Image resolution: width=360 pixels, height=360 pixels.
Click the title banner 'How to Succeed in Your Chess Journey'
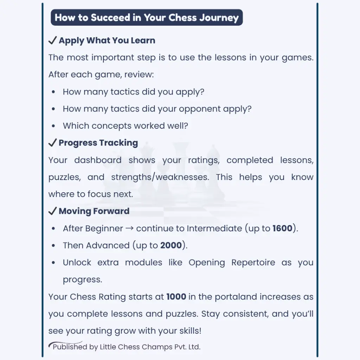147,18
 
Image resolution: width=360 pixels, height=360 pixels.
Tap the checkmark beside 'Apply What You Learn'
52,41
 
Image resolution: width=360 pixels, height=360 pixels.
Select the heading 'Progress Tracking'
98,143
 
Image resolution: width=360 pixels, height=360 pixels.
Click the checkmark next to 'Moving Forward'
52,211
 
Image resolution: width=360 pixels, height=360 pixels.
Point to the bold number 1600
282,229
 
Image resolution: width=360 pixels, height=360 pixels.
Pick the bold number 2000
171,245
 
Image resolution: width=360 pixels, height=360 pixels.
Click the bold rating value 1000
176,297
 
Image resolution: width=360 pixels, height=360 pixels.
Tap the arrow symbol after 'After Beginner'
129,229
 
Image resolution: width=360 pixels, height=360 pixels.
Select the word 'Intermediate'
214,229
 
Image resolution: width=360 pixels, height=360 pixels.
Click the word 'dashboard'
98,160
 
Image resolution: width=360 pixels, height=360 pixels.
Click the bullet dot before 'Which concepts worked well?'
53,126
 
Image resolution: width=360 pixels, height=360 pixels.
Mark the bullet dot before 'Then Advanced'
53,246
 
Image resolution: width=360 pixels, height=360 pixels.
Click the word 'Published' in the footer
70,347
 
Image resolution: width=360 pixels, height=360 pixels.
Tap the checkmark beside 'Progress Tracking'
52,143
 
